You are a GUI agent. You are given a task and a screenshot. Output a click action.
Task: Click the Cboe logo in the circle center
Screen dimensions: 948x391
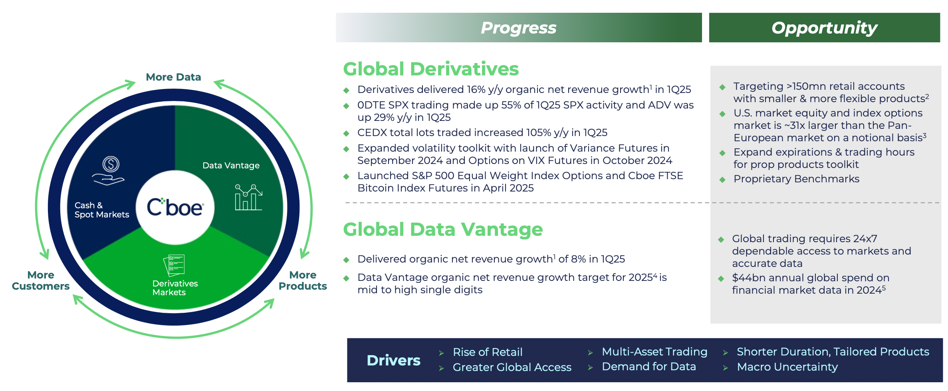pos(175,207)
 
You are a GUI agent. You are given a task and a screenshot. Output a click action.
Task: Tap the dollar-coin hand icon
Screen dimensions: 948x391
pos(109,170)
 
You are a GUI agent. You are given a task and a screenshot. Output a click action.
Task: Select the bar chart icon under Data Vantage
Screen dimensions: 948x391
pos(248,197)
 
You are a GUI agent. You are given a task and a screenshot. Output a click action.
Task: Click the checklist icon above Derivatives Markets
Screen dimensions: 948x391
pos(174,265)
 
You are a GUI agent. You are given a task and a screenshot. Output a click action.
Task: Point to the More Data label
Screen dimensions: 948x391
pos(173,77)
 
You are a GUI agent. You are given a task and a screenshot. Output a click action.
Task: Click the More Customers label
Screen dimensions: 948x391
pos(41,280)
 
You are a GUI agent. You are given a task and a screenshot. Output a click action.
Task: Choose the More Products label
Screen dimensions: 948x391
pos(303,280)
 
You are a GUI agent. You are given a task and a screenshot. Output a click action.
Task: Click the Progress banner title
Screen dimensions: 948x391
pos(518,28)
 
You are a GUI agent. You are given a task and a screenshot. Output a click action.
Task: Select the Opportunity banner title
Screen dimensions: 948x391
pos(824,28)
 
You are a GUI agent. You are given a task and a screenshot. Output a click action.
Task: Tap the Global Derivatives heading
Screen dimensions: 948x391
pos(431,69)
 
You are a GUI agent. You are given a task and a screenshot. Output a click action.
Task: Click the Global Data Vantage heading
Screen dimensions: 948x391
pos(443,229)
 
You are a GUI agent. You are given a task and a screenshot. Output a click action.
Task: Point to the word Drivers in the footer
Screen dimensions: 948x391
pos(393,360)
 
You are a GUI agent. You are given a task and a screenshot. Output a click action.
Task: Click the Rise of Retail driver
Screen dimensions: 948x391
pos(488,352)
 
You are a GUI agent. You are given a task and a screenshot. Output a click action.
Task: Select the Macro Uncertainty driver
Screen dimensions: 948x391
pos(787,367)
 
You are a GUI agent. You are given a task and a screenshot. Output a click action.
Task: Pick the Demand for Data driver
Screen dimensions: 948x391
pos(649,366)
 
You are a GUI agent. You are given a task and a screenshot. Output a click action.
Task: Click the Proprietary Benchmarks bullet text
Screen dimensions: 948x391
pos(796,179)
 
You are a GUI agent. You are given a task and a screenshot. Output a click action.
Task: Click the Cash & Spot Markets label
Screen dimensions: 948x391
pos(102,210)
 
